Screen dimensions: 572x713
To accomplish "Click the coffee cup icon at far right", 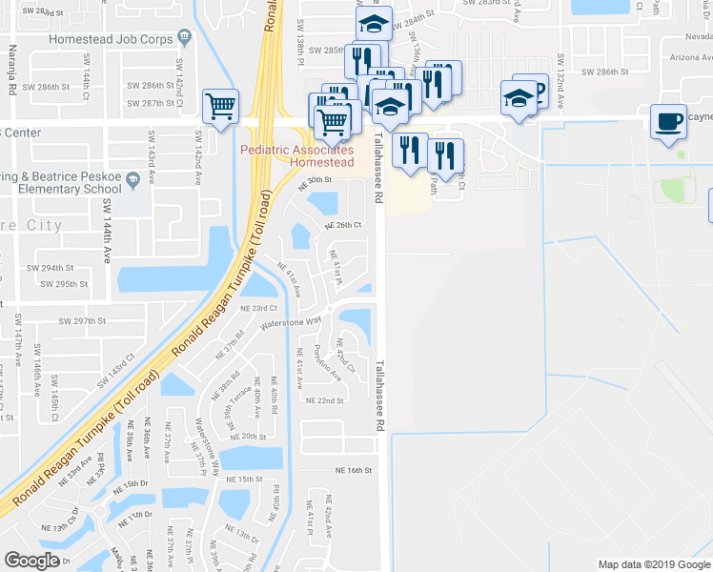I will (668, 121).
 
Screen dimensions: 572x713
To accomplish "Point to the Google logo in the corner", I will (31, 561).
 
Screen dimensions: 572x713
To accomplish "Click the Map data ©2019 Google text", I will (653, 564).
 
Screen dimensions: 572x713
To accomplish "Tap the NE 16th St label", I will (353, 470).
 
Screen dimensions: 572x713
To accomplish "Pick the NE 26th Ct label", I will (344, 226).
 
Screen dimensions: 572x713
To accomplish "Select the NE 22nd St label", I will (325, 400).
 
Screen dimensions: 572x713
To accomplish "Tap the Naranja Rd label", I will (12, 77).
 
